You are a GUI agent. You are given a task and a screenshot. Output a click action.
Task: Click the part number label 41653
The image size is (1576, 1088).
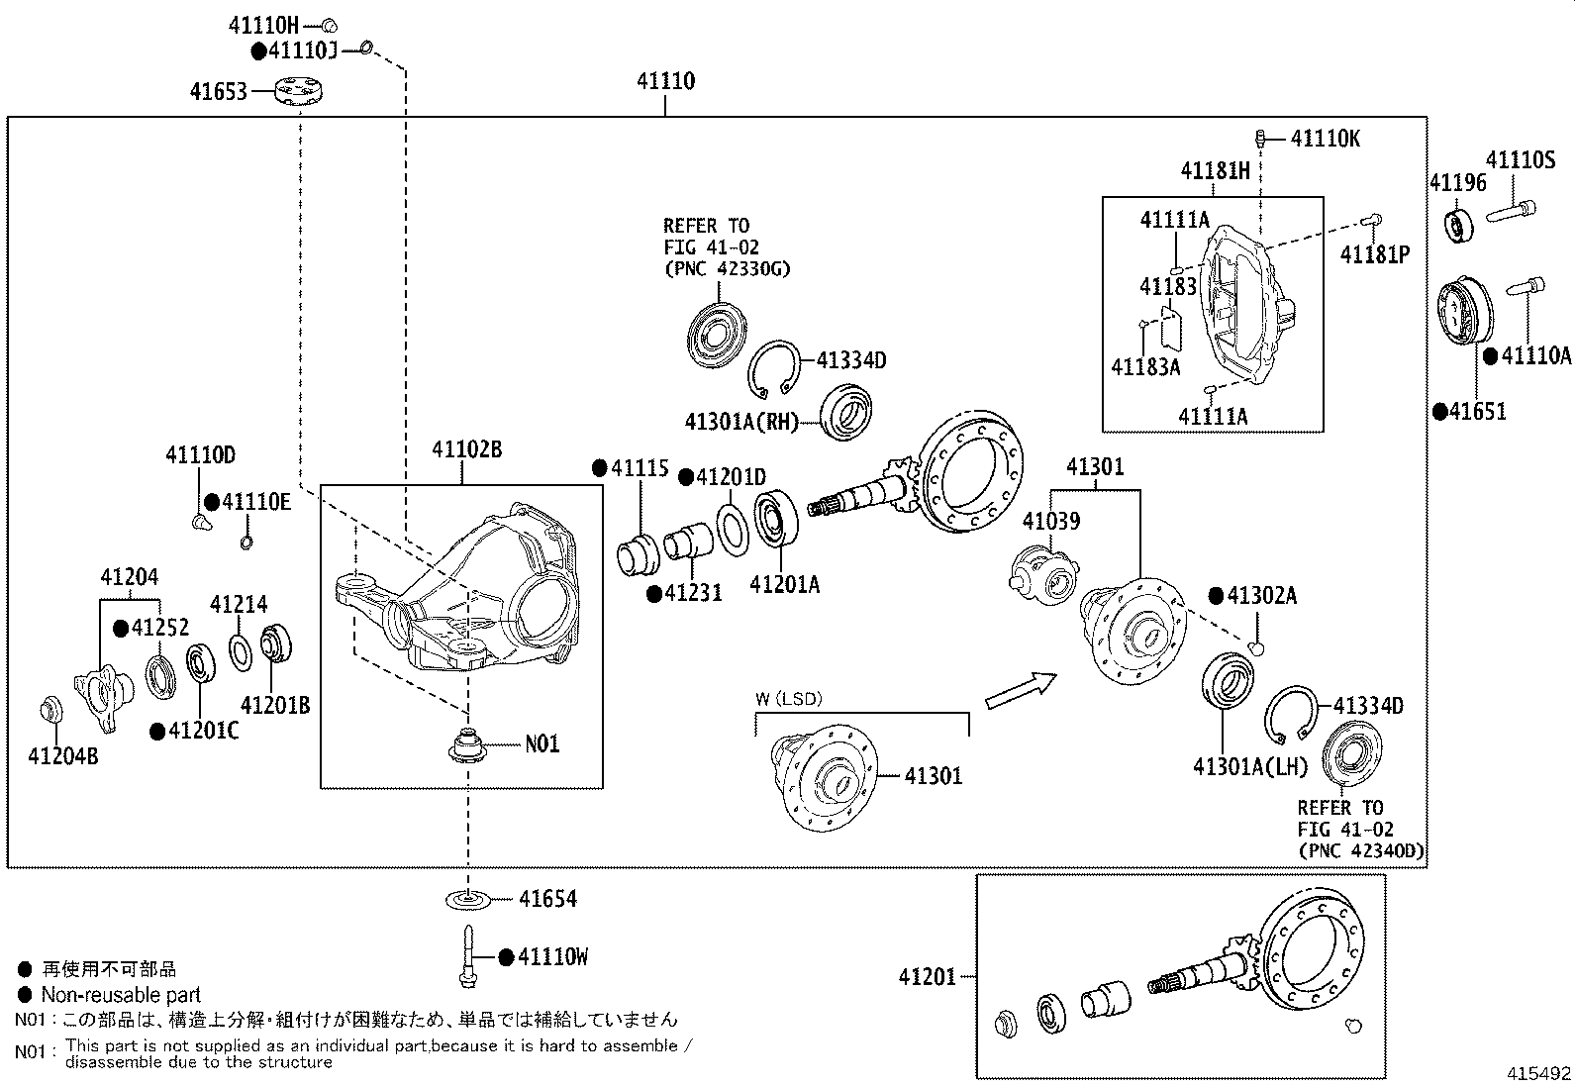point(218,92)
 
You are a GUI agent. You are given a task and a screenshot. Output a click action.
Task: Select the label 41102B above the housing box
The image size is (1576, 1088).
point(465,450)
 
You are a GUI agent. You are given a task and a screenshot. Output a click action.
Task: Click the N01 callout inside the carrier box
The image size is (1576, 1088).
point(542,743)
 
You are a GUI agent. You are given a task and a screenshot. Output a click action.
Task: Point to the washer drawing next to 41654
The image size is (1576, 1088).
point(467,899)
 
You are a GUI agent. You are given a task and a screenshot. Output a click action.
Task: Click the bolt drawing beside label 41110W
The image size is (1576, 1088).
point(466,956)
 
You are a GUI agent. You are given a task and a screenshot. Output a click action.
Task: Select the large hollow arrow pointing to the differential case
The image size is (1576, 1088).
point(1020,689)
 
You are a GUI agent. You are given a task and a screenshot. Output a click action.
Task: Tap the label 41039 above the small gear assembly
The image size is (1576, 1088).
point(1051,521)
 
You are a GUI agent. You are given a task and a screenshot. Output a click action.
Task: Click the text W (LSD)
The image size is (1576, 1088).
point(788,699)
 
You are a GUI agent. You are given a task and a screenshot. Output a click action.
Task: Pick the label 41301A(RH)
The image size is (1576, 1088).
point(740,422)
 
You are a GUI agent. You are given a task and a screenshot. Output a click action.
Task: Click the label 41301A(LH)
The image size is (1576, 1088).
point(1250,766)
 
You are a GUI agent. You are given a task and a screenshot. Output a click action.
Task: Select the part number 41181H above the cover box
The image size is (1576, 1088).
point(1215,171)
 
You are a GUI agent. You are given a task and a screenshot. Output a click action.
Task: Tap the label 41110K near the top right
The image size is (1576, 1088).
point(1325,139)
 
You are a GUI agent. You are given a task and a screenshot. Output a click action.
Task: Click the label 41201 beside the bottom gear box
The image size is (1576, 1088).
point(927,977)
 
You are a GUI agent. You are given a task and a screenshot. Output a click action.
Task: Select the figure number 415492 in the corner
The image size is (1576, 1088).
point(1538,1073)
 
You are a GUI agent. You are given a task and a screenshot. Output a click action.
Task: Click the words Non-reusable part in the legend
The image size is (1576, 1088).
point(120,995)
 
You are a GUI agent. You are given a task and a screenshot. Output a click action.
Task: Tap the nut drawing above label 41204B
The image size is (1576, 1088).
point(49,711)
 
